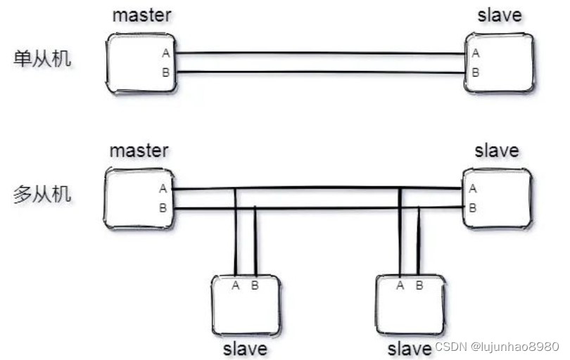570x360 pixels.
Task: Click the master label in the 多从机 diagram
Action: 139,150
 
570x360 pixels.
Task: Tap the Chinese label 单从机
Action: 42,58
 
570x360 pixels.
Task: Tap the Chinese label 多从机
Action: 42,194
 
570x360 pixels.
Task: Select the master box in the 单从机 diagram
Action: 141,63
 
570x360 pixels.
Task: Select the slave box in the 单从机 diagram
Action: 499,63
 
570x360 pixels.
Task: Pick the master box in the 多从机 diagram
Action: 139,198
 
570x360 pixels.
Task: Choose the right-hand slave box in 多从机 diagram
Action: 497,198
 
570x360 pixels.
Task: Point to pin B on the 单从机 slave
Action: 476,72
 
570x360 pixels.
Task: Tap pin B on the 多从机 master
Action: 163,207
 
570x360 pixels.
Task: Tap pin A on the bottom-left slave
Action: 236,285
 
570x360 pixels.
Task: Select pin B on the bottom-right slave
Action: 419,285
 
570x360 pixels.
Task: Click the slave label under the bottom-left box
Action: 245,348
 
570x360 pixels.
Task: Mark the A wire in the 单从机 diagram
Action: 320,53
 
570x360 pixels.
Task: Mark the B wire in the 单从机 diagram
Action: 320,72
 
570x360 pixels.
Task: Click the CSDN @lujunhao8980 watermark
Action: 497,347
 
